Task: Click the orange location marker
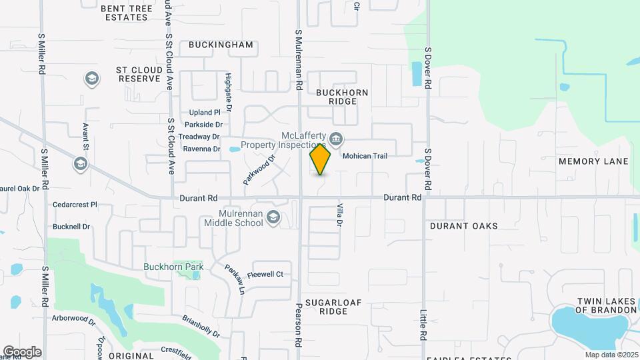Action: coord(320,159)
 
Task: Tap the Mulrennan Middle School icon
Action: coord(273,217)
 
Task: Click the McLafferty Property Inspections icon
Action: coord(336,140)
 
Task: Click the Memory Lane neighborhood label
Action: coord(593,162)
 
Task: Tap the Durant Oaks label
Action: coord(464,226)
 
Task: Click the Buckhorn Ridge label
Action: coord(342,97)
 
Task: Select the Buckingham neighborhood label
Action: coord(221,45)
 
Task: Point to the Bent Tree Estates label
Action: coord(134,13)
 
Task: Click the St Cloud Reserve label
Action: coord(139,74)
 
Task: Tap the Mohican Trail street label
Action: coord(365,155)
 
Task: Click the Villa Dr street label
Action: coord(339,215)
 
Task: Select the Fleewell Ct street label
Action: coord(265,274)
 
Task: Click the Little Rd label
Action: coord(423,325)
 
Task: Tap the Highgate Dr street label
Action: coord(228,91)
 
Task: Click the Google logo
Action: coord(22,352)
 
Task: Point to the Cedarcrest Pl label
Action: coord(75,205)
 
